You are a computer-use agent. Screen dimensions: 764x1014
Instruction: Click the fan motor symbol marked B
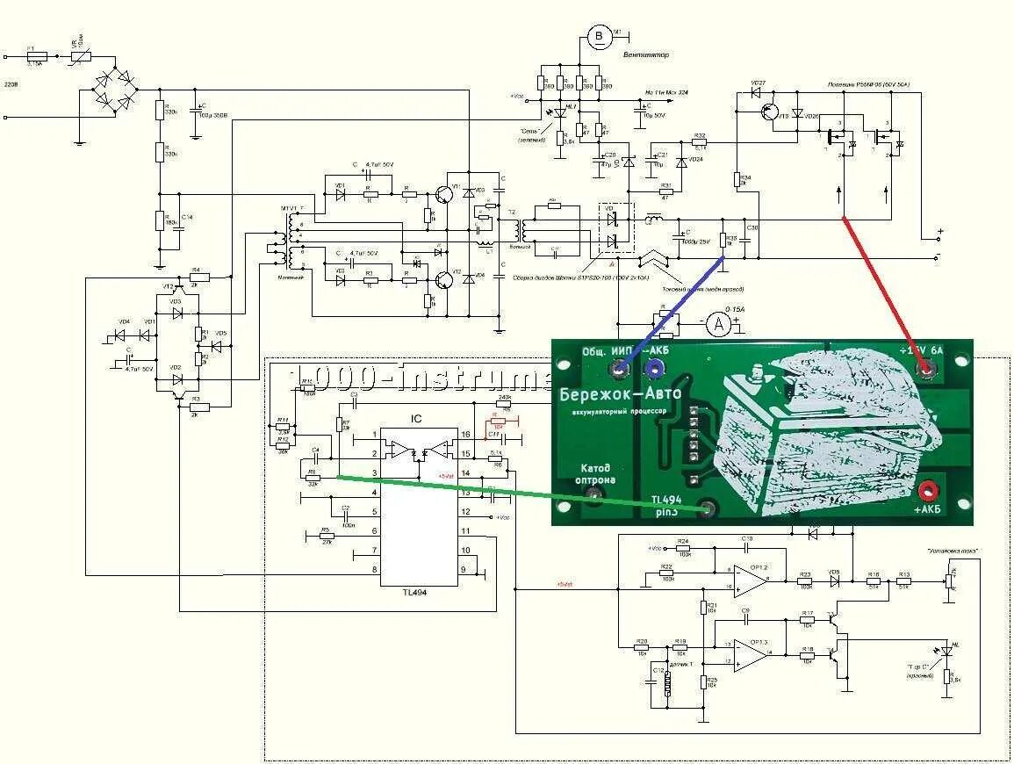tap(600, 36)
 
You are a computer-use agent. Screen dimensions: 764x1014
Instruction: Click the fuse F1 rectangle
tap(35, 57)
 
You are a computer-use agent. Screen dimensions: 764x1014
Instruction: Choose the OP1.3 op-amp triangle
tap(748, 653)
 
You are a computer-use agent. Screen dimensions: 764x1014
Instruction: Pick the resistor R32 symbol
tap(700, 143)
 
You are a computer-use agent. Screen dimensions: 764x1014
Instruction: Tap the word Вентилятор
tap(646, 54)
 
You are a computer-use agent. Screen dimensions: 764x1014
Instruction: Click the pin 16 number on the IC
tap(465, 434)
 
